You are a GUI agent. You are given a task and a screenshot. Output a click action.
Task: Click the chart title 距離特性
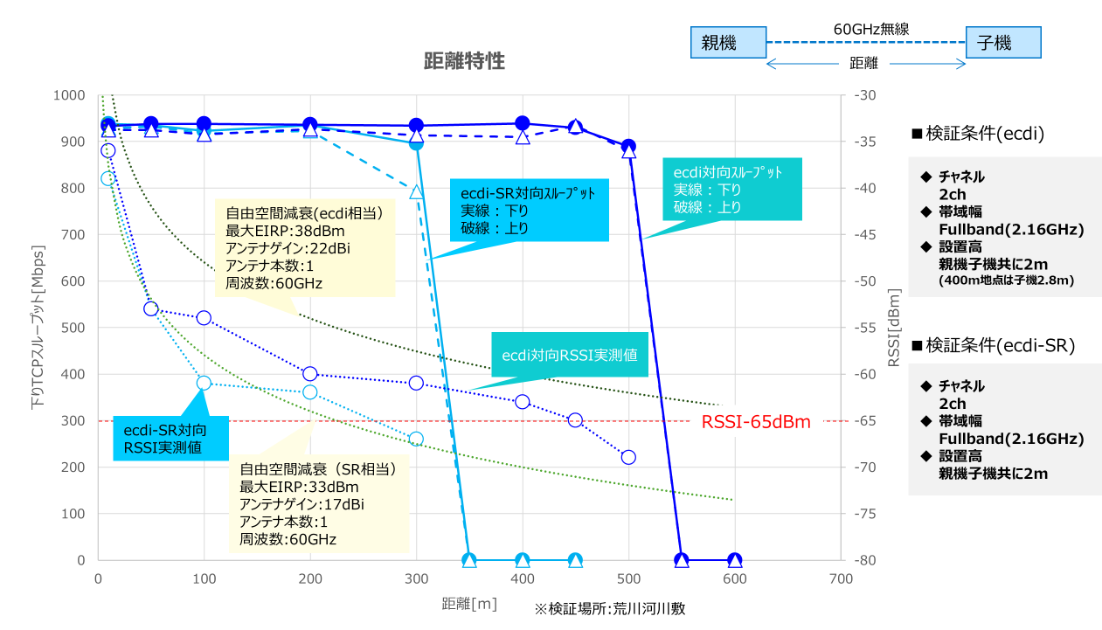coord(464,61)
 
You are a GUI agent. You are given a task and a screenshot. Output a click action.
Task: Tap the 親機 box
coord(728,42)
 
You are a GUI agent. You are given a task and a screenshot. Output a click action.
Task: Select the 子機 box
coord(1003,42)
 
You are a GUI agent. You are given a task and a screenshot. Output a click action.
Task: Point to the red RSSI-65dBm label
coord(756,422)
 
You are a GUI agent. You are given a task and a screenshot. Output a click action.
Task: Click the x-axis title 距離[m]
coord(469,604)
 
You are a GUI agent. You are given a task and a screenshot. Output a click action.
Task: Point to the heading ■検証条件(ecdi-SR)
coord(993,345)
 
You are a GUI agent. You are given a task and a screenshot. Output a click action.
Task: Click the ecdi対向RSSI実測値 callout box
coord(569,355)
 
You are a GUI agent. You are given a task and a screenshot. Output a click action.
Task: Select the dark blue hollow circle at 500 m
coord(628,457)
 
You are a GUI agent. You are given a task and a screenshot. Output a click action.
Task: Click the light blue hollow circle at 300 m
coord(416,439)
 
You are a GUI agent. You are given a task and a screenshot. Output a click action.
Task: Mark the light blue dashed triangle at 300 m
coord(416,192)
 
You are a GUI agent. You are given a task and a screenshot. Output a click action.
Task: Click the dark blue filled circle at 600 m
coord(735,560)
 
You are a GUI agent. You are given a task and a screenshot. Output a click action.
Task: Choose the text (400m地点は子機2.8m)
coord(1006,280)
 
